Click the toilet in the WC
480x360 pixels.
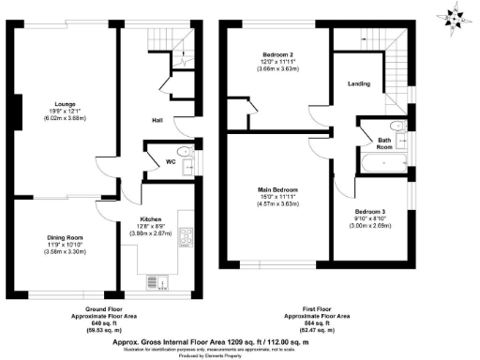[185, 152]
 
